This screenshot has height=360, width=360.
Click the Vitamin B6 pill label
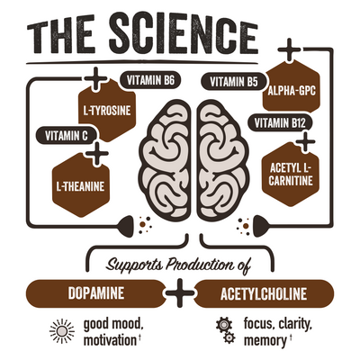150,81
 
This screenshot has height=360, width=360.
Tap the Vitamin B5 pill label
234,82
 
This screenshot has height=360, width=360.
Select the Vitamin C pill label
67,136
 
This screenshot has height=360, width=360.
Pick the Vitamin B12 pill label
280,123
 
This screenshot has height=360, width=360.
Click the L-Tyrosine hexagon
107,111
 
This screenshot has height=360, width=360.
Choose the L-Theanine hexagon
81,185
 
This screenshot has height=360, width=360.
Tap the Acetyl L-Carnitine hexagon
291,175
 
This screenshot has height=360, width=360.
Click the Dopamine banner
96,293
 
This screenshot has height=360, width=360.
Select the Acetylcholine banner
264,293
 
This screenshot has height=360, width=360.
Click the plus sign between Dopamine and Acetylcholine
180,293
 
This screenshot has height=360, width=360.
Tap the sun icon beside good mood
62,331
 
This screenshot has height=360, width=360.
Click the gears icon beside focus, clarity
225,330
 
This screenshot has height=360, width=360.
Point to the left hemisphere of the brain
165,160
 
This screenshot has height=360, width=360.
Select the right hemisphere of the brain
222,160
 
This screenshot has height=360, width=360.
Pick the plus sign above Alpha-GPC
289,49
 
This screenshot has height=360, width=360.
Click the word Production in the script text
200,265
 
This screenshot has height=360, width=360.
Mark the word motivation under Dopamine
110,340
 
